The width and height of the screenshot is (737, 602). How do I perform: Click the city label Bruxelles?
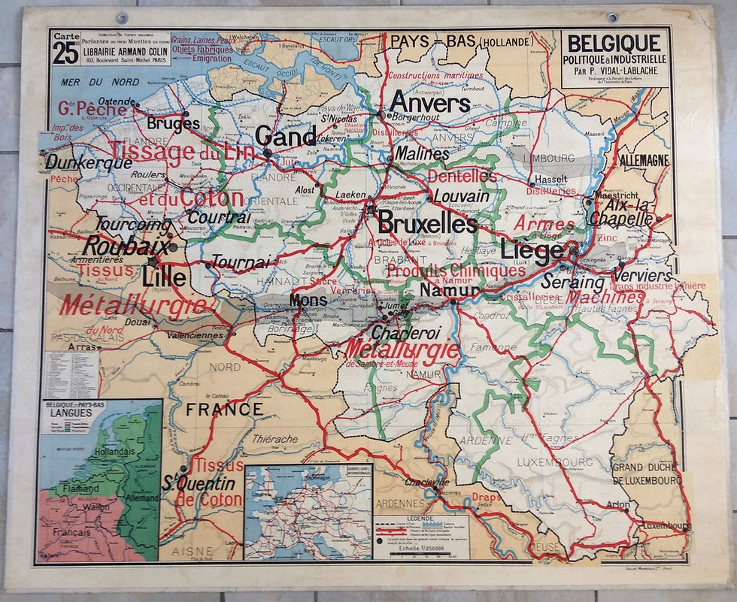click(426, 223)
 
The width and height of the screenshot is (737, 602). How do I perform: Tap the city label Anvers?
click(430, 103)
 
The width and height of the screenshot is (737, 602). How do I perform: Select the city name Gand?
click(286, 136)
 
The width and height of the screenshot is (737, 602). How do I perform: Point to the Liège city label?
click(532, 250)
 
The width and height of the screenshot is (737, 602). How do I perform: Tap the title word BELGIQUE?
click(614, 43)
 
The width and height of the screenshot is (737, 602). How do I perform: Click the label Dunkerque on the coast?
click(81, 161)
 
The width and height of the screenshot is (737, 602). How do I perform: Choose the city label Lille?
click(163, 277)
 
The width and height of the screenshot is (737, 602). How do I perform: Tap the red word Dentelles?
click(463, 175)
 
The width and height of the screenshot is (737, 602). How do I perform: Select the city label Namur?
click(450, 291)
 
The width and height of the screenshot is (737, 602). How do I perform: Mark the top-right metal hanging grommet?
click(611, 17)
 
